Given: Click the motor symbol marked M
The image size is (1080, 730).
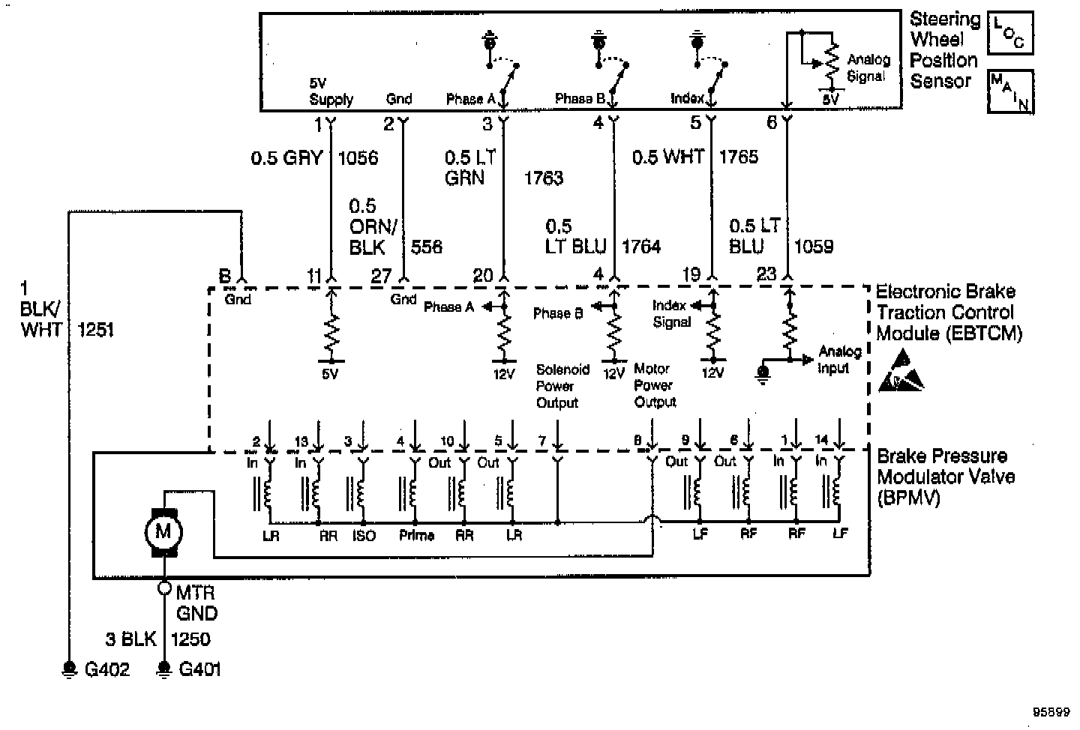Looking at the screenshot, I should (163, 532).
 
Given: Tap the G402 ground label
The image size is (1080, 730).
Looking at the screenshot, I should (106, 669).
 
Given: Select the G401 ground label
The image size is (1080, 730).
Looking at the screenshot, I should (200, 669).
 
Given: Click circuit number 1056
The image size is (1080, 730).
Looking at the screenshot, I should (358, 157).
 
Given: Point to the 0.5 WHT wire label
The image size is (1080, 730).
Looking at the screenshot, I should (667, 157).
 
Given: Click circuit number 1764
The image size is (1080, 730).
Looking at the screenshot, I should (641, 247).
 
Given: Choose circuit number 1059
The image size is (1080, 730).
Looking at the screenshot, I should (813, 247).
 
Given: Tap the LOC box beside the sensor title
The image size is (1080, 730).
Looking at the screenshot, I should (1009, 33).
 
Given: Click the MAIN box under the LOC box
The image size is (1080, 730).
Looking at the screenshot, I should (1009, 91).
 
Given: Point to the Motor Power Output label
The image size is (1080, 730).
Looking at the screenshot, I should (655, 385).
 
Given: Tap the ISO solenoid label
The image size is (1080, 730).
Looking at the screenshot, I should (363, 536).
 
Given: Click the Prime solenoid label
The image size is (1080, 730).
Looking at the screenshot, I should (416, 536).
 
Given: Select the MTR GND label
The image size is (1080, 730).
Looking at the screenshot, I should (196, 603).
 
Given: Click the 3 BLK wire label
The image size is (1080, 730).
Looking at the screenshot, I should (130, 639).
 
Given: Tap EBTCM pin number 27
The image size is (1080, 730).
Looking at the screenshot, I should (381, 277).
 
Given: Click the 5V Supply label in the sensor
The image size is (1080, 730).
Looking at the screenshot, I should (331, 91).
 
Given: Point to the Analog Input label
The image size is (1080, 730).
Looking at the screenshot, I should (834, 360).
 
